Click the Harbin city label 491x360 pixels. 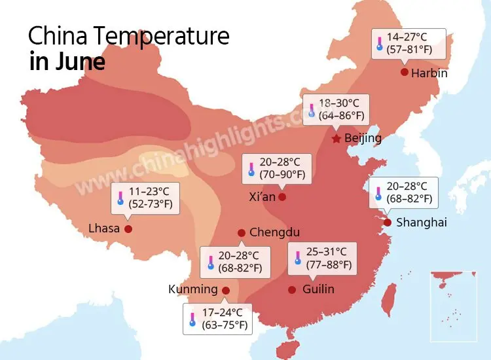click(x=429, y=73)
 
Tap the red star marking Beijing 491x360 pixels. click(x=336, y=139)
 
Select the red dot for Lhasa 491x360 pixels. click(x=128, y=228)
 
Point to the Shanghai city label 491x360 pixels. click(x=422, y=223)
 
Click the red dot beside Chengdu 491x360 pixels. click(x=242, y=232)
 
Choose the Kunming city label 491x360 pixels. click(x=192, y=289)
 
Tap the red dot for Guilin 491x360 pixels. click(x=292, y=289)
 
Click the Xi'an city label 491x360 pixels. click(x=262, y=196)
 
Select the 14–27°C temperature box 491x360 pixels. click(x=409, y=44)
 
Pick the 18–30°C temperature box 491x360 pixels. click(x=336, y=109)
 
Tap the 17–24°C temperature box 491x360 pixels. click(x=219, y=319)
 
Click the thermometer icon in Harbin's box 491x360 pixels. click(x=378, y=45)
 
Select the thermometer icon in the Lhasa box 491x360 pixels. click(x=120, y=198)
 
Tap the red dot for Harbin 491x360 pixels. click(x=405, y=72)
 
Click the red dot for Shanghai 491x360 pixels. click(x=388, y=223)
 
